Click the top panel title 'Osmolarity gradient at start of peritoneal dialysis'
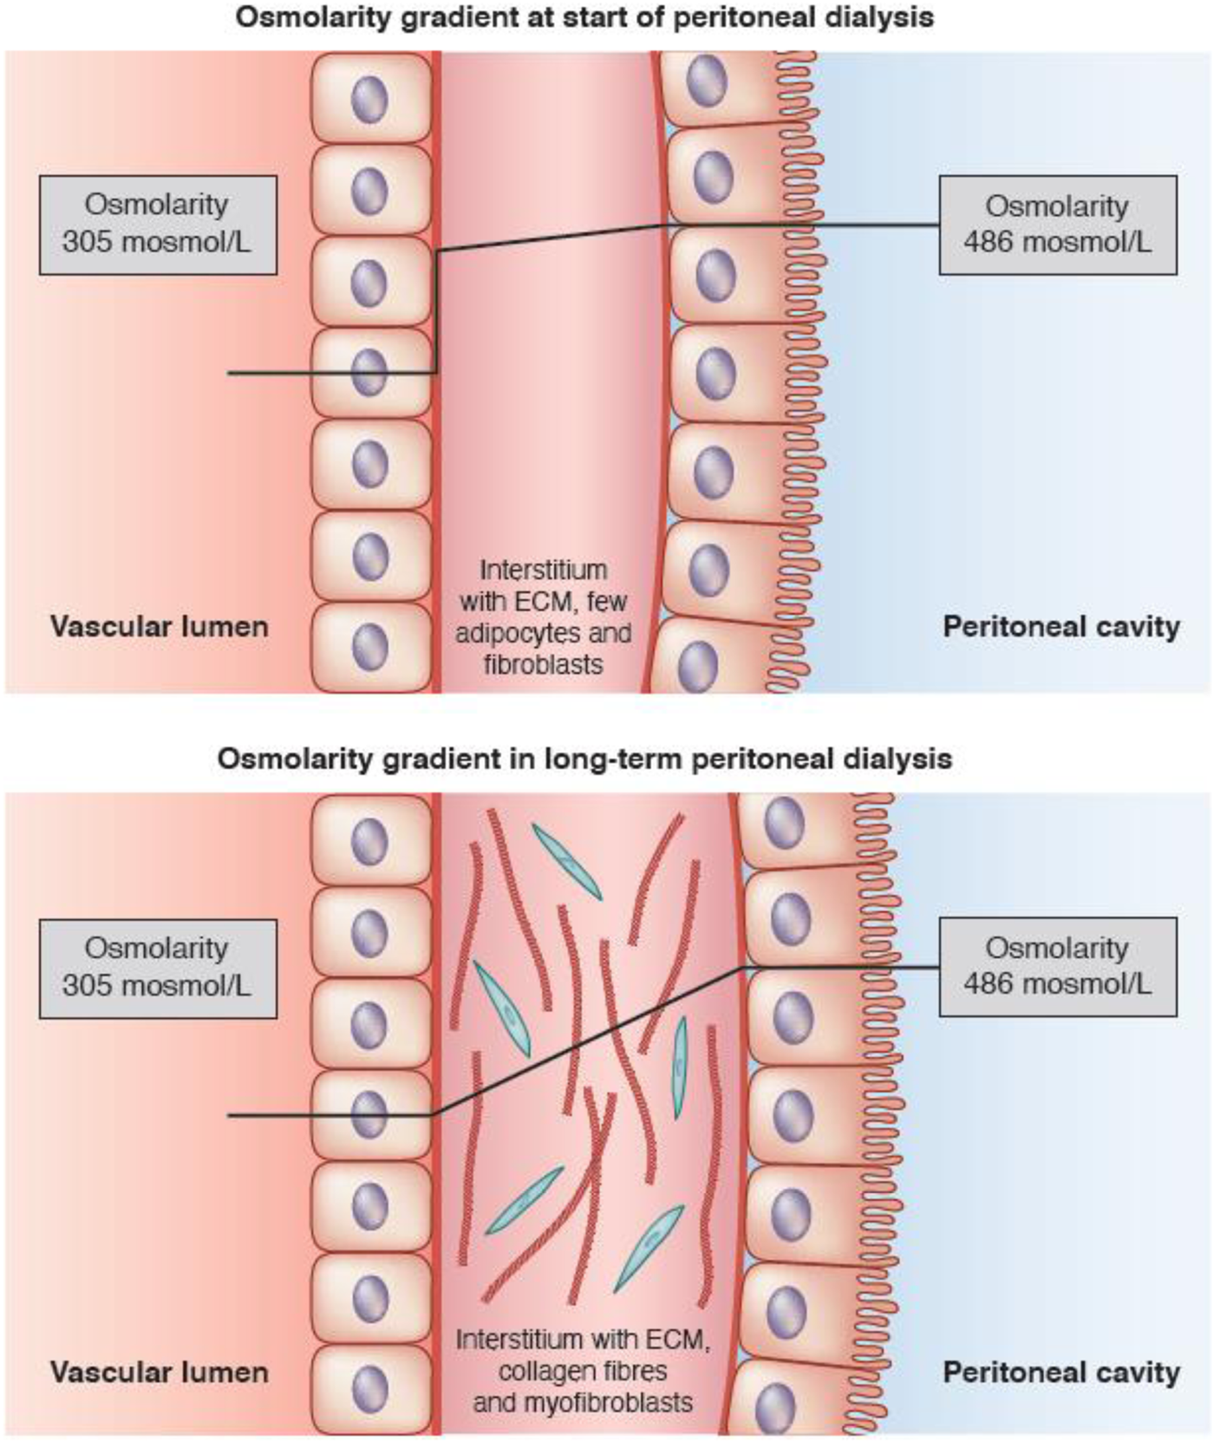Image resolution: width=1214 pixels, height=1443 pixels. (x=584, y=18)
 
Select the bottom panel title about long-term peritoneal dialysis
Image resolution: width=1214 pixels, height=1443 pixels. (x=584, y=759)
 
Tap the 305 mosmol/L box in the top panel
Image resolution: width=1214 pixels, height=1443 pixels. (x=158, y=225)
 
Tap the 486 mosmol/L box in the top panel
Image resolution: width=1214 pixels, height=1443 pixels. (x=1058, y=225)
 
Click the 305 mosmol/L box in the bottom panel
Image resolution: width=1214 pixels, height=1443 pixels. (x=158, y=968)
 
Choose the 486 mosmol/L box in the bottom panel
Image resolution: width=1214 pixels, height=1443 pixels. (x=1058, y=966)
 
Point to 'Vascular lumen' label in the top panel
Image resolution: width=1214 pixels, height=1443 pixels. (x=159, y=626)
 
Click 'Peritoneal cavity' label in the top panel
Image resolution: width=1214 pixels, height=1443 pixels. (x=1061, y=626)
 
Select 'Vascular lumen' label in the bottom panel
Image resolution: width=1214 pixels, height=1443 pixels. (x=159, y=1372)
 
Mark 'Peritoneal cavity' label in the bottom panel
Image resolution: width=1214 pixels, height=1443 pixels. (x=1061, y=1372)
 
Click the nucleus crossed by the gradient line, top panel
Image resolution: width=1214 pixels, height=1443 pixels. (x=370, y=372)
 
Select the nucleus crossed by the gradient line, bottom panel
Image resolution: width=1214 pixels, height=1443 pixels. (x=369, y=1114)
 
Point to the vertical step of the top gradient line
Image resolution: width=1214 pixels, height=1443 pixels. (x=436, y=312)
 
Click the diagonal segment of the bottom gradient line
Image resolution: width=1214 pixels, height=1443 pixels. (x=590, y=1041)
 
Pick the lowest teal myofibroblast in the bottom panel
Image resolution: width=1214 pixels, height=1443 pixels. (x=648, y=1249)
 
